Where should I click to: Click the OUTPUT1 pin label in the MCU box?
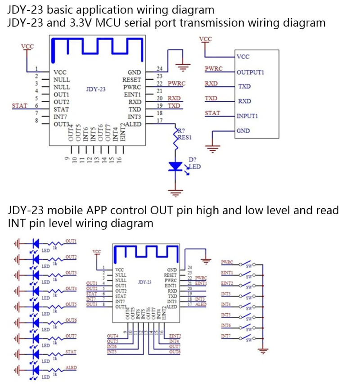[x=250, y=72]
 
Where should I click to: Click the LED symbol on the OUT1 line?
[x=36, y=243]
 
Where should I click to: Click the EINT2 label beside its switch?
[x=227, y=283]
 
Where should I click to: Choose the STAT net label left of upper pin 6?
[x=20, y=106]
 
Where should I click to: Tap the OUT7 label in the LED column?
[x=70, y=336]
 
